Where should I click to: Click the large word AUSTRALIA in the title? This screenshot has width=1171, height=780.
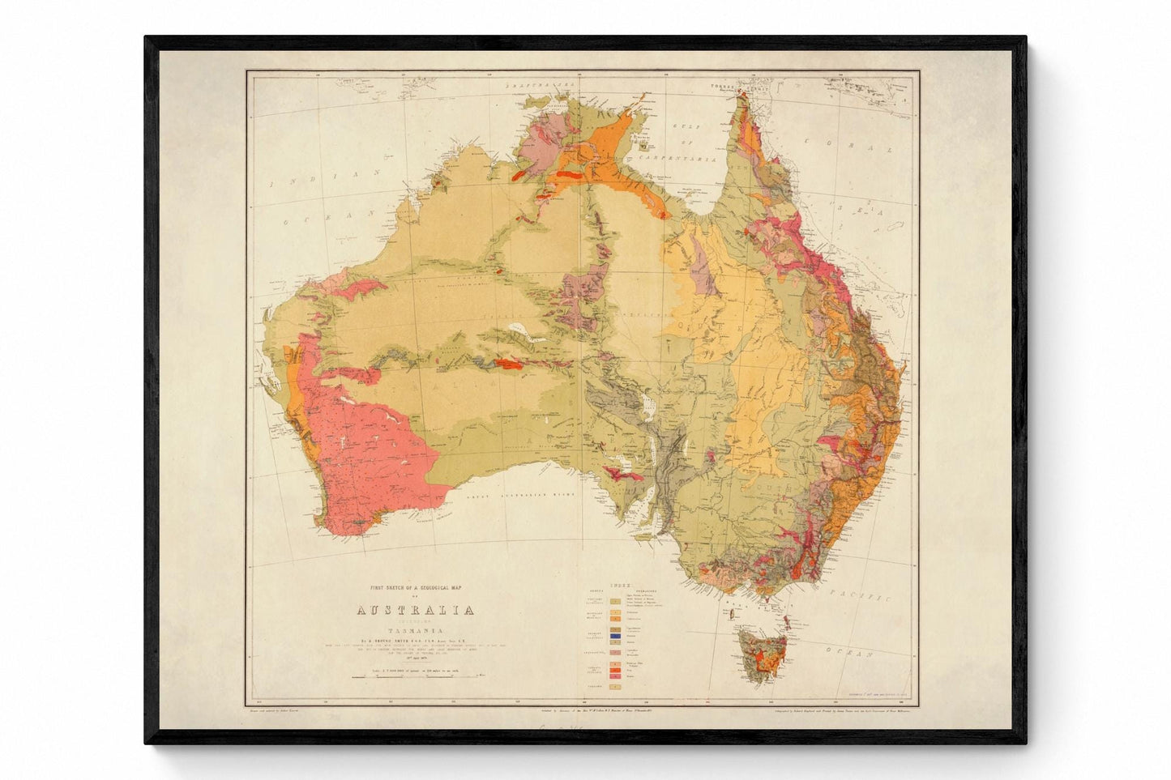pyautogui.click(x=414, y=610)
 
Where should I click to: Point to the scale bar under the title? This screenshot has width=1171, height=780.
pyautogui.click(x=414, y=675)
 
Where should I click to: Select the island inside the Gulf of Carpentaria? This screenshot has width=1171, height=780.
pyautogui.click(x=643, y=147)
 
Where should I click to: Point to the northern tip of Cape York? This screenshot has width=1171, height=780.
pyautogui.click(x=739, y=96)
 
